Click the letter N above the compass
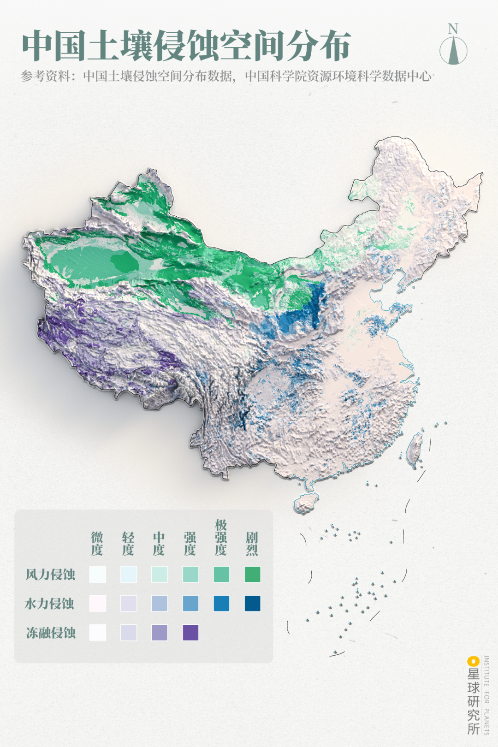tap(453, 29)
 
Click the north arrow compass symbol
tap(453, 50)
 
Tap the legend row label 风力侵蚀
tap(50, 575)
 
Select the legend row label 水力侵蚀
tap(49, 604)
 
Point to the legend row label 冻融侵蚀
tap(51, 633)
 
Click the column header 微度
tap(97, 544)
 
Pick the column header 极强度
tap(221, 537)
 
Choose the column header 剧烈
tap(252, 544)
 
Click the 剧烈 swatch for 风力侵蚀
tap(252, 575)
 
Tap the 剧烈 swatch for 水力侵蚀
tap(252, 604)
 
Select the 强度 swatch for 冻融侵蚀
tap(190, 633)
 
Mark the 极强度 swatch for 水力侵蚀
tap(221, 604)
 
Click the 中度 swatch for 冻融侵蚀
tap(160, 633)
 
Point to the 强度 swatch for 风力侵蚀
tap(190, 575)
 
